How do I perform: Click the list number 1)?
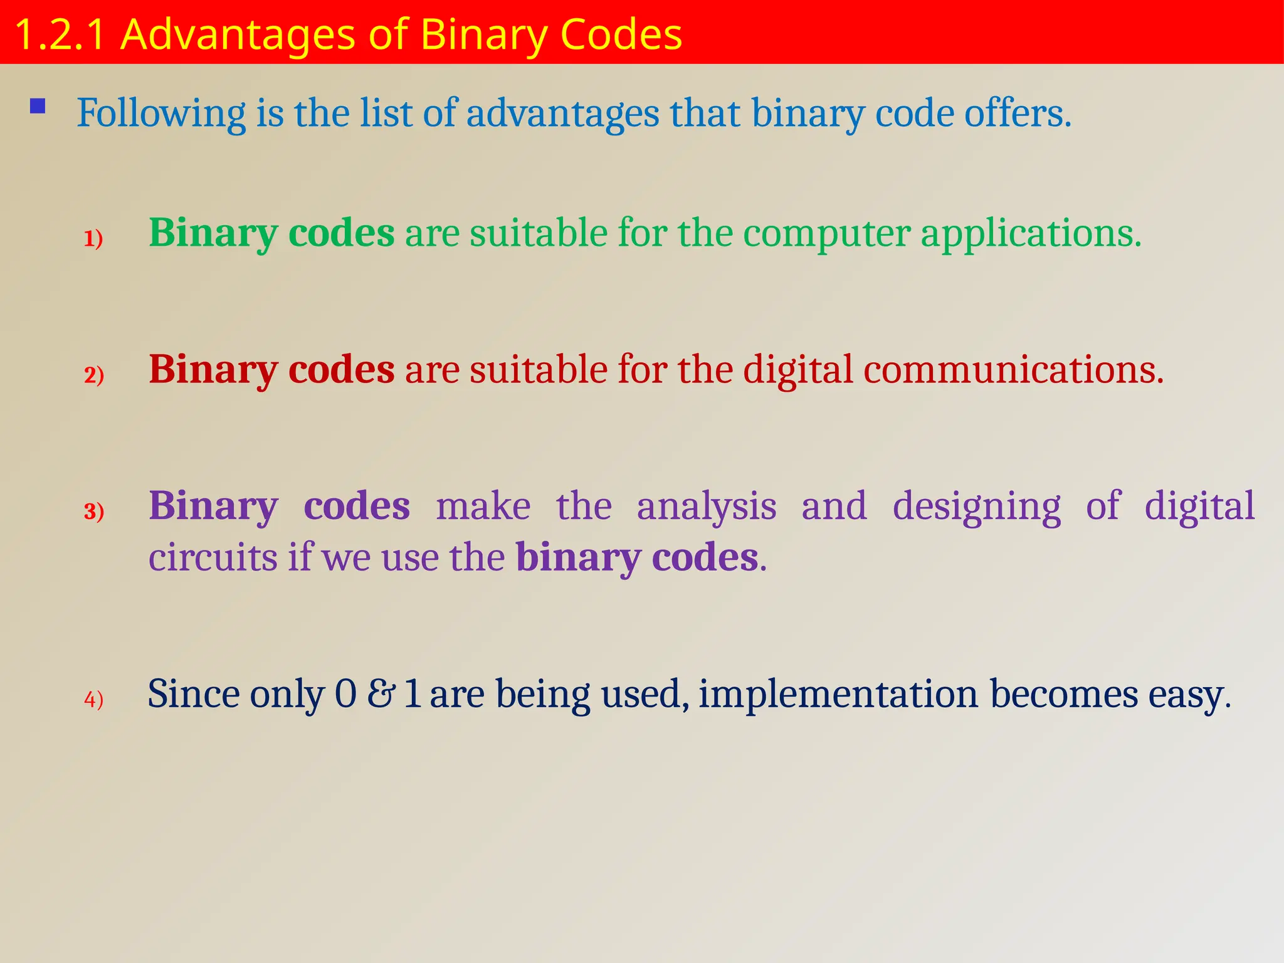pyautogui.click(x=93, y=239)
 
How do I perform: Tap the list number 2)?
pyautogui.click(x=94, y=375)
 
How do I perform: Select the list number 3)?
pyautogui.click(x=94, y=512)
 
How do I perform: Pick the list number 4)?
pyautogui.click(x=94, y=699)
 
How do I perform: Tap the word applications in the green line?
pyautogui.click(x=1030, y=233)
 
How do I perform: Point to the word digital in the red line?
pyautogui.click(x=797, y=369)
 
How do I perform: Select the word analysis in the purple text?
pyautogui.click(x=707, y=506)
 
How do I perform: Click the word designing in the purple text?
pyautogui.click(x=976, y=506)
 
